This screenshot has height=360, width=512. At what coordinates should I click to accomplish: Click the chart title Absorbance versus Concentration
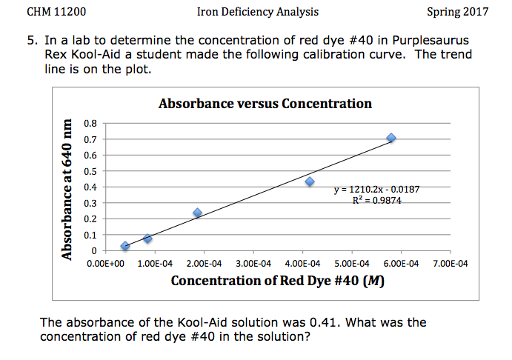pyautogui.click(x=265, y=104)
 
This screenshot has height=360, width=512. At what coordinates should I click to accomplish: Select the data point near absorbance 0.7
pyautogui.click(x=391, y=139)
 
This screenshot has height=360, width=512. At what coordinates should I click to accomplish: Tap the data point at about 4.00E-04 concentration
pyautogui.click(x=310, y=181)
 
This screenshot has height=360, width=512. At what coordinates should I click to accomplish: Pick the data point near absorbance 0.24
pyautogui.click(x=198, y=213)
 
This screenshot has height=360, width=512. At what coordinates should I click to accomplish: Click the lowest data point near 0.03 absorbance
pyautogui.click(x=125, y=246)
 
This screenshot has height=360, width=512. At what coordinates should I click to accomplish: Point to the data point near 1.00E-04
pyautogui.click(x=148, y=239)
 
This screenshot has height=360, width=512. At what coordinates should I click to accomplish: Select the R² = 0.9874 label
pyautogui.click(x=376, y=201)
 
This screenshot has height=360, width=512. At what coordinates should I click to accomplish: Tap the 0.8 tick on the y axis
pyautogui.click(x=90, y=123)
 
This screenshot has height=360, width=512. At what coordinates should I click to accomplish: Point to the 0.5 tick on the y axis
pyautogui.click(x=90, y=171)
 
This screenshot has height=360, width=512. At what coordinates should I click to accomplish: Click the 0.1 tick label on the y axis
pyautogui.click(x=90, y=235)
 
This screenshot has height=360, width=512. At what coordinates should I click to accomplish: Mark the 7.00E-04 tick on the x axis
pyautogui.click(x=450, y=263)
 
